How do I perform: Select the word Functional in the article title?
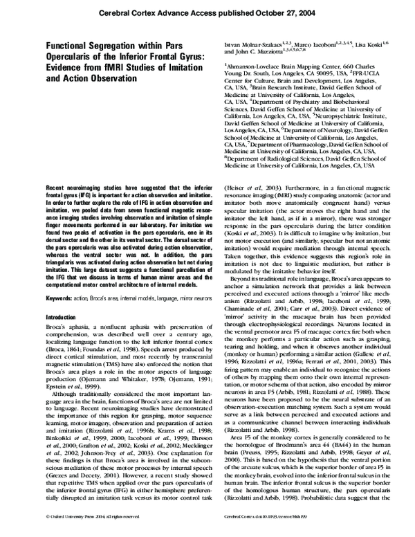71,44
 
